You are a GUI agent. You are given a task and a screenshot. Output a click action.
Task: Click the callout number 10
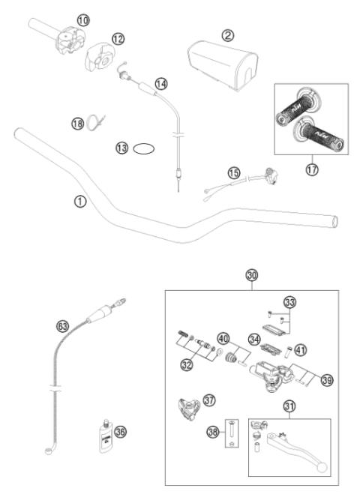pyautogui.click(x=82, y=19)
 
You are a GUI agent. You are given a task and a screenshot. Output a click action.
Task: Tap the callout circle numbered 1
pyautogui.click(x=80, y=201)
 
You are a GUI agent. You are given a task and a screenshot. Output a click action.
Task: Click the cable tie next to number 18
pyautogui.click(x=94, y=121)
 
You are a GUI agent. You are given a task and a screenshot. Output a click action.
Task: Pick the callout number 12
pyautogui.click(x=118, y=38)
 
